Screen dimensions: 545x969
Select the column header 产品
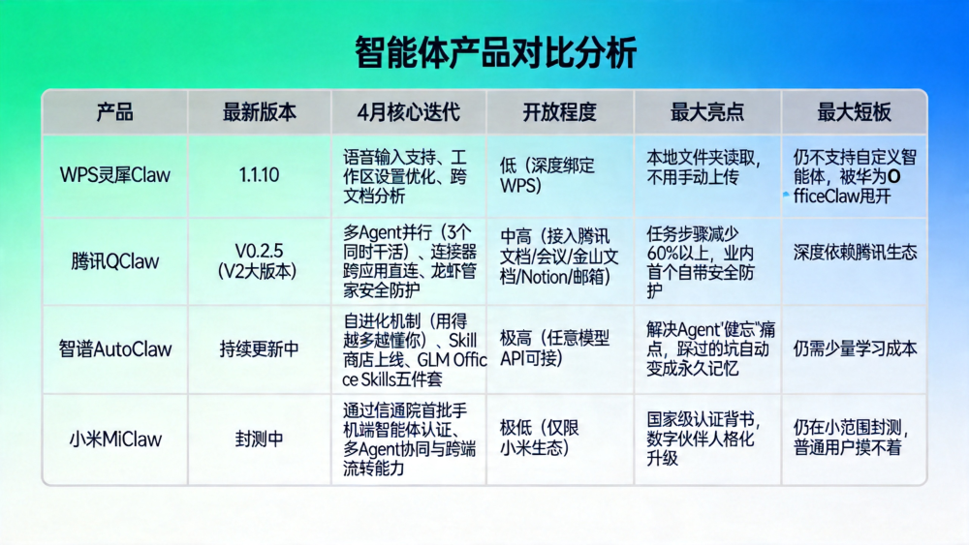[x=114, y=112]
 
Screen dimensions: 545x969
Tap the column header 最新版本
[x=259, y=112]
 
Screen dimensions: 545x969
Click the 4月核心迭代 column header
[x=408, y=112]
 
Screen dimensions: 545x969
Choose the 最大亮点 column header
[x=707, y=112]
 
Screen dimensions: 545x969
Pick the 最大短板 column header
[x=854, y=112]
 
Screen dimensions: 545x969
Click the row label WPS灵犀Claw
[x=114, y=175]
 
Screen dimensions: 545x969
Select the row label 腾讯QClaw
[x=114, y=261]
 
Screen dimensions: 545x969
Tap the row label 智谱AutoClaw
[x=114, y=349]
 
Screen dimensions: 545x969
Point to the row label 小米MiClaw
[x=114, y=439]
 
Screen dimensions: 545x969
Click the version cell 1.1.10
[x=259, y=175]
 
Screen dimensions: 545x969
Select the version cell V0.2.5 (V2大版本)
[x=259, y=261]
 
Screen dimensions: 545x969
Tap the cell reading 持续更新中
[x=259, y=349]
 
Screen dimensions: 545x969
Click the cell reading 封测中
[x=259, y=439]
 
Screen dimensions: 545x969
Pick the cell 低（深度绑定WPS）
[x=547, y=175]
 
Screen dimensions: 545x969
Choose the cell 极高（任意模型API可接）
[x=555, y=348]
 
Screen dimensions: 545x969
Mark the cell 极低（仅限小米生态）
[x=542, y=438]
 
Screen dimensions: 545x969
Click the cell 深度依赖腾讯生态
[x=855, y=253]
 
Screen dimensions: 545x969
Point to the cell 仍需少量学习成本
[x=855, y=348]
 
